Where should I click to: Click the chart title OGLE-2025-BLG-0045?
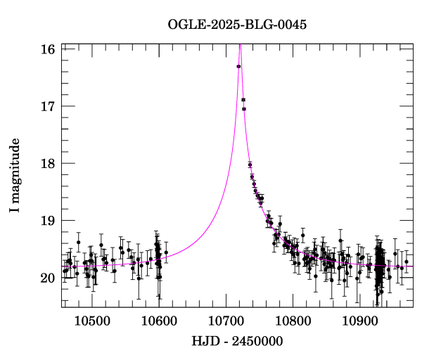[x=237, y=24]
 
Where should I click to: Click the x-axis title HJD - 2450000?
[x=237, y=342]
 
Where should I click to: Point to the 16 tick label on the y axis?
[x=49, y=50]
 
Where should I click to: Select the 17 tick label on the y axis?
[x=49, y=106]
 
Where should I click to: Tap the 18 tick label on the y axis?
[x=49, y=163]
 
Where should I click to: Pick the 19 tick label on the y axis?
[x=49, y=221]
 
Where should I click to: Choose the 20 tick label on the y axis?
[x=49, y=278]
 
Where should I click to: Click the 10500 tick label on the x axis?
[x=92, y=320]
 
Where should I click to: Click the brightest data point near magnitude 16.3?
[x=238, y=66]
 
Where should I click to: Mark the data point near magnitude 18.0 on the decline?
[x=250, y=165]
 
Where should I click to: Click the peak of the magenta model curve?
[x=241, y=45]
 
